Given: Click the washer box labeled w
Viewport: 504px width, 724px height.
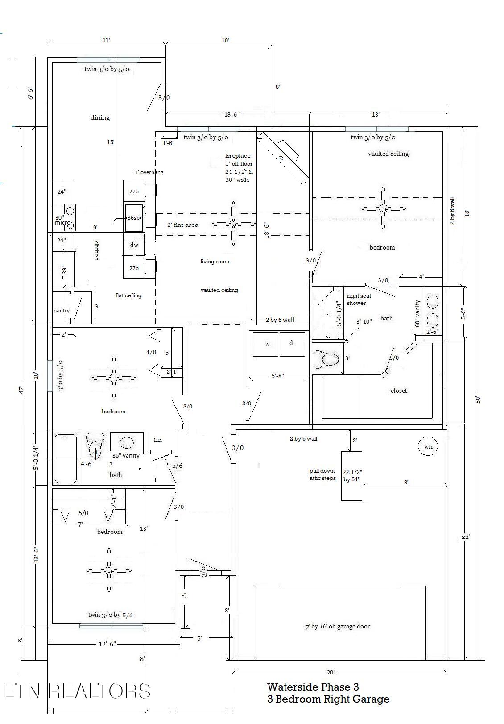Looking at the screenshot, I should coord(266,344).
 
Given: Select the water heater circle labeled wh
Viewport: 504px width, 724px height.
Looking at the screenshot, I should coord(428,446).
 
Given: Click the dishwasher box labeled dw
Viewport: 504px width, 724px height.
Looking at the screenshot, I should coord(134,245).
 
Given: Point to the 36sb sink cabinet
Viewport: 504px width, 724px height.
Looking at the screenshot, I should coord(133,218).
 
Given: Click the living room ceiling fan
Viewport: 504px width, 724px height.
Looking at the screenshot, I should coord(233,224).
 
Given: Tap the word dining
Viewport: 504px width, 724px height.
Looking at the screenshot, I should coord(100,117).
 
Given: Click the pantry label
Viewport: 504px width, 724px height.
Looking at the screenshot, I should coord(62,311).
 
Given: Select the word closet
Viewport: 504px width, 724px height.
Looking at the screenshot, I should coord(399,391).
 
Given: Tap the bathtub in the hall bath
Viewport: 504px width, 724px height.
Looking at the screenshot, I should coord(66,458).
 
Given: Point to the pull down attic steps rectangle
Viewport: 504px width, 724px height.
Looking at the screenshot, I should coord(351,476).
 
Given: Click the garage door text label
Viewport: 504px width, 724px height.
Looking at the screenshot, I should coord(337,626).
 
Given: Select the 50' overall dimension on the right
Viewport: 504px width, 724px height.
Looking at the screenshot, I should coord(478,399).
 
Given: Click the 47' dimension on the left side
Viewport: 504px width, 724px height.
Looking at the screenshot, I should coord(21,390).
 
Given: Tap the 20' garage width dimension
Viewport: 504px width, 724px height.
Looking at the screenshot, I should coord(330,673).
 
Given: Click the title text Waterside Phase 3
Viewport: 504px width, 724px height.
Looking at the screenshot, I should coord(313,687).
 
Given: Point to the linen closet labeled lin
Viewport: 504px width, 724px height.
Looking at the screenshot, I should coord(158,440).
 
